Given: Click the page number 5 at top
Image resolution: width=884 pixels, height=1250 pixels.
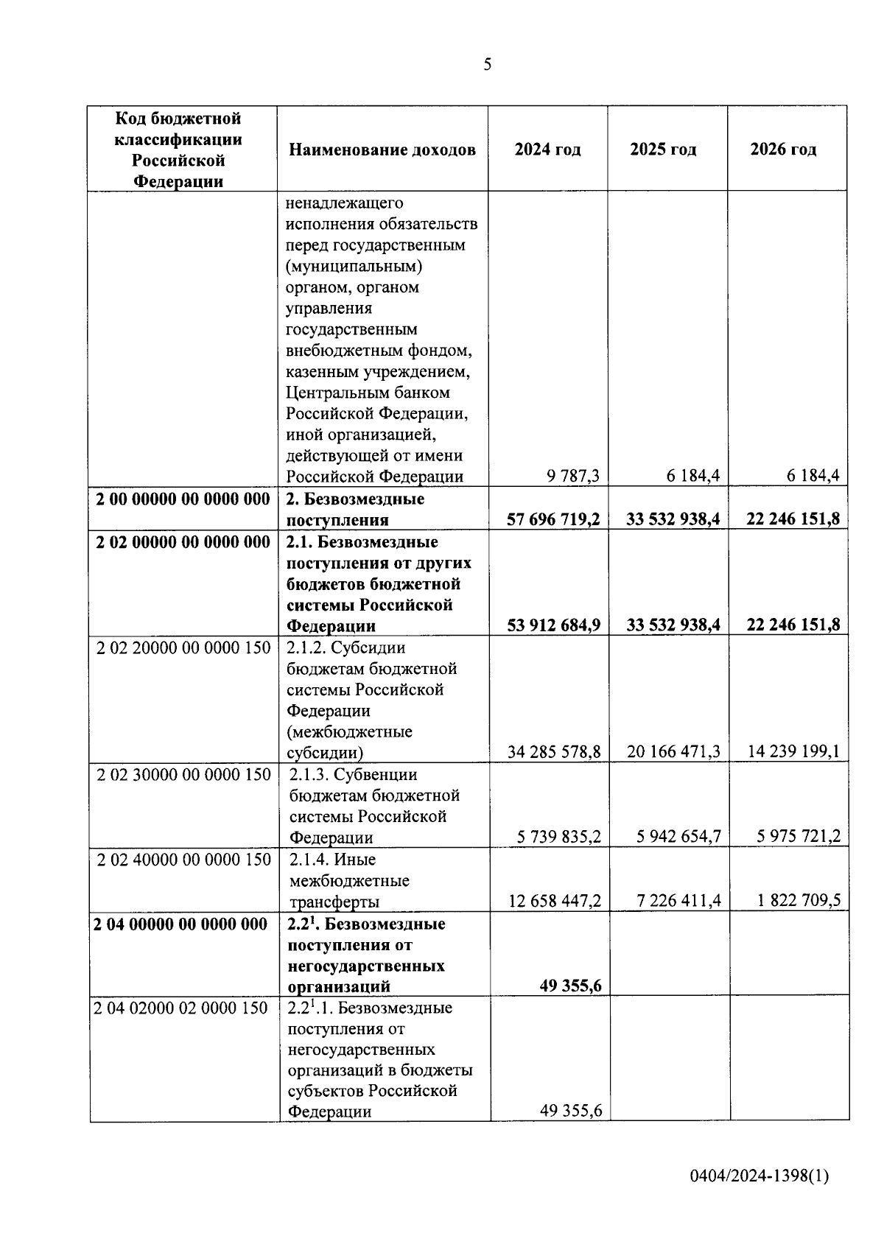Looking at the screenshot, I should pyautogui.click(x=487, y=65).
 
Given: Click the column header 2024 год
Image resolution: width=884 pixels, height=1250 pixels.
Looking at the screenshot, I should pyautogui.click(x=547, y=150).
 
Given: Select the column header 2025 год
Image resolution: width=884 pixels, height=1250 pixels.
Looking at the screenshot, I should pyautogui.click(x=663, y=150).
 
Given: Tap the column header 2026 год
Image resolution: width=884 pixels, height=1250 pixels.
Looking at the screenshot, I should pyautogui.click(x=783, y=150).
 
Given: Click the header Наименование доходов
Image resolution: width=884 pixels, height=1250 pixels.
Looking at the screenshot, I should pyautogui.click(x=382, y=150).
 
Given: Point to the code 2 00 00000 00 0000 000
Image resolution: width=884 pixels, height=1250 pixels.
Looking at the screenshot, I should pyautogui.click(x=183, y=499).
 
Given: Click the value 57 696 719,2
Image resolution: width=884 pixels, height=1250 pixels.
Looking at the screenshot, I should pyautogui.click(x=553, y=520).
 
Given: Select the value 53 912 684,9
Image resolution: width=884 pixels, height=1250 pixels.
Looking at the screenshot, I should pyautogui.click(x=553, y=625).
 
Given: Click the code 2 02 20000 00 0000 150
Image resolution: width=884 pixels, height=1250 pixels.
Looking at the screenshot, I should pyautogui.click(x=183, y=648).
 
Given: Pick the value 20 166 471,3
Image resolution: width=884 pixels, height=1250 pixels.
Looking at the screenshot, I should pyautogui.click(x=673, y=752).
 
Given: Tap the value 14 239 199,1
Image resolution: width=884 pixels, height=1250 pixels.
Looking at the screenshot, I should pyautogui.click(x=793, y=752).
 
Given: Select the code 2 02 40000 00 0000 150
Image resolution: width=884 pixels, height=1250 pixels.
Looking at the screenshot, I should pyautogui.click(x=183, y=860).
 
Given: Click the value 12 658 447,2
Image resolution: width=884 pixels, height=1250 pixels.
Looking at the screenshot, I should pyautogui.click(x=554, y=901).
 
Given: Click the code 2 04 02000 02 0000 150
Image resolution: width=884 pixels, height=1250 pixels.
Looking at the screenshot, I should pyautogui.click(x=181, y=1008).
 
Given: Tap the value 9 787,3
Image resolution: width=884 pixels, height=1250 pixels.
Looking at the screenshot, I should pyautogui.click(x=572, y=477).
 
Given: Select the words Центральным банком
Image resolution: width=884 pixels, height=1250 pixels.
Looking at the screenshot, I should pyautogui.click(x=368, y=393).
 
